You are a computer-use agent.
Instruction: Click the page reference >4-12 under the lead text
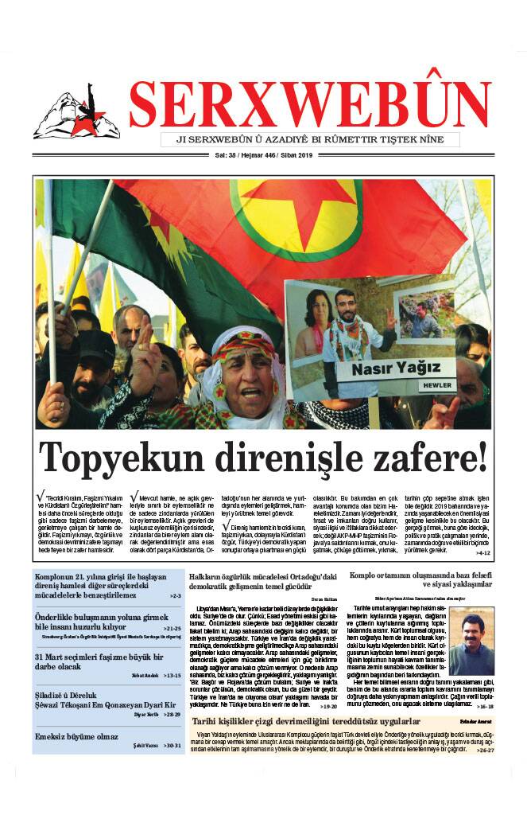click(483, 552)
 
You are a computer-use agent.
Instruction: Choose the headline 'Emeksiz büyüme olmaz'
click(77, 737)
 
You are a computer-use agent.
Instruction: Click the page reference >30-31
click(168, 746)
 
